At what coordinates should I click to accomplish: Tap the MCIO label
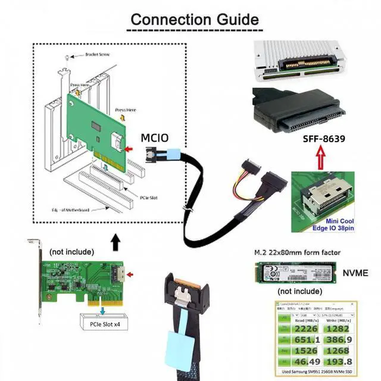point(155,138)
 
